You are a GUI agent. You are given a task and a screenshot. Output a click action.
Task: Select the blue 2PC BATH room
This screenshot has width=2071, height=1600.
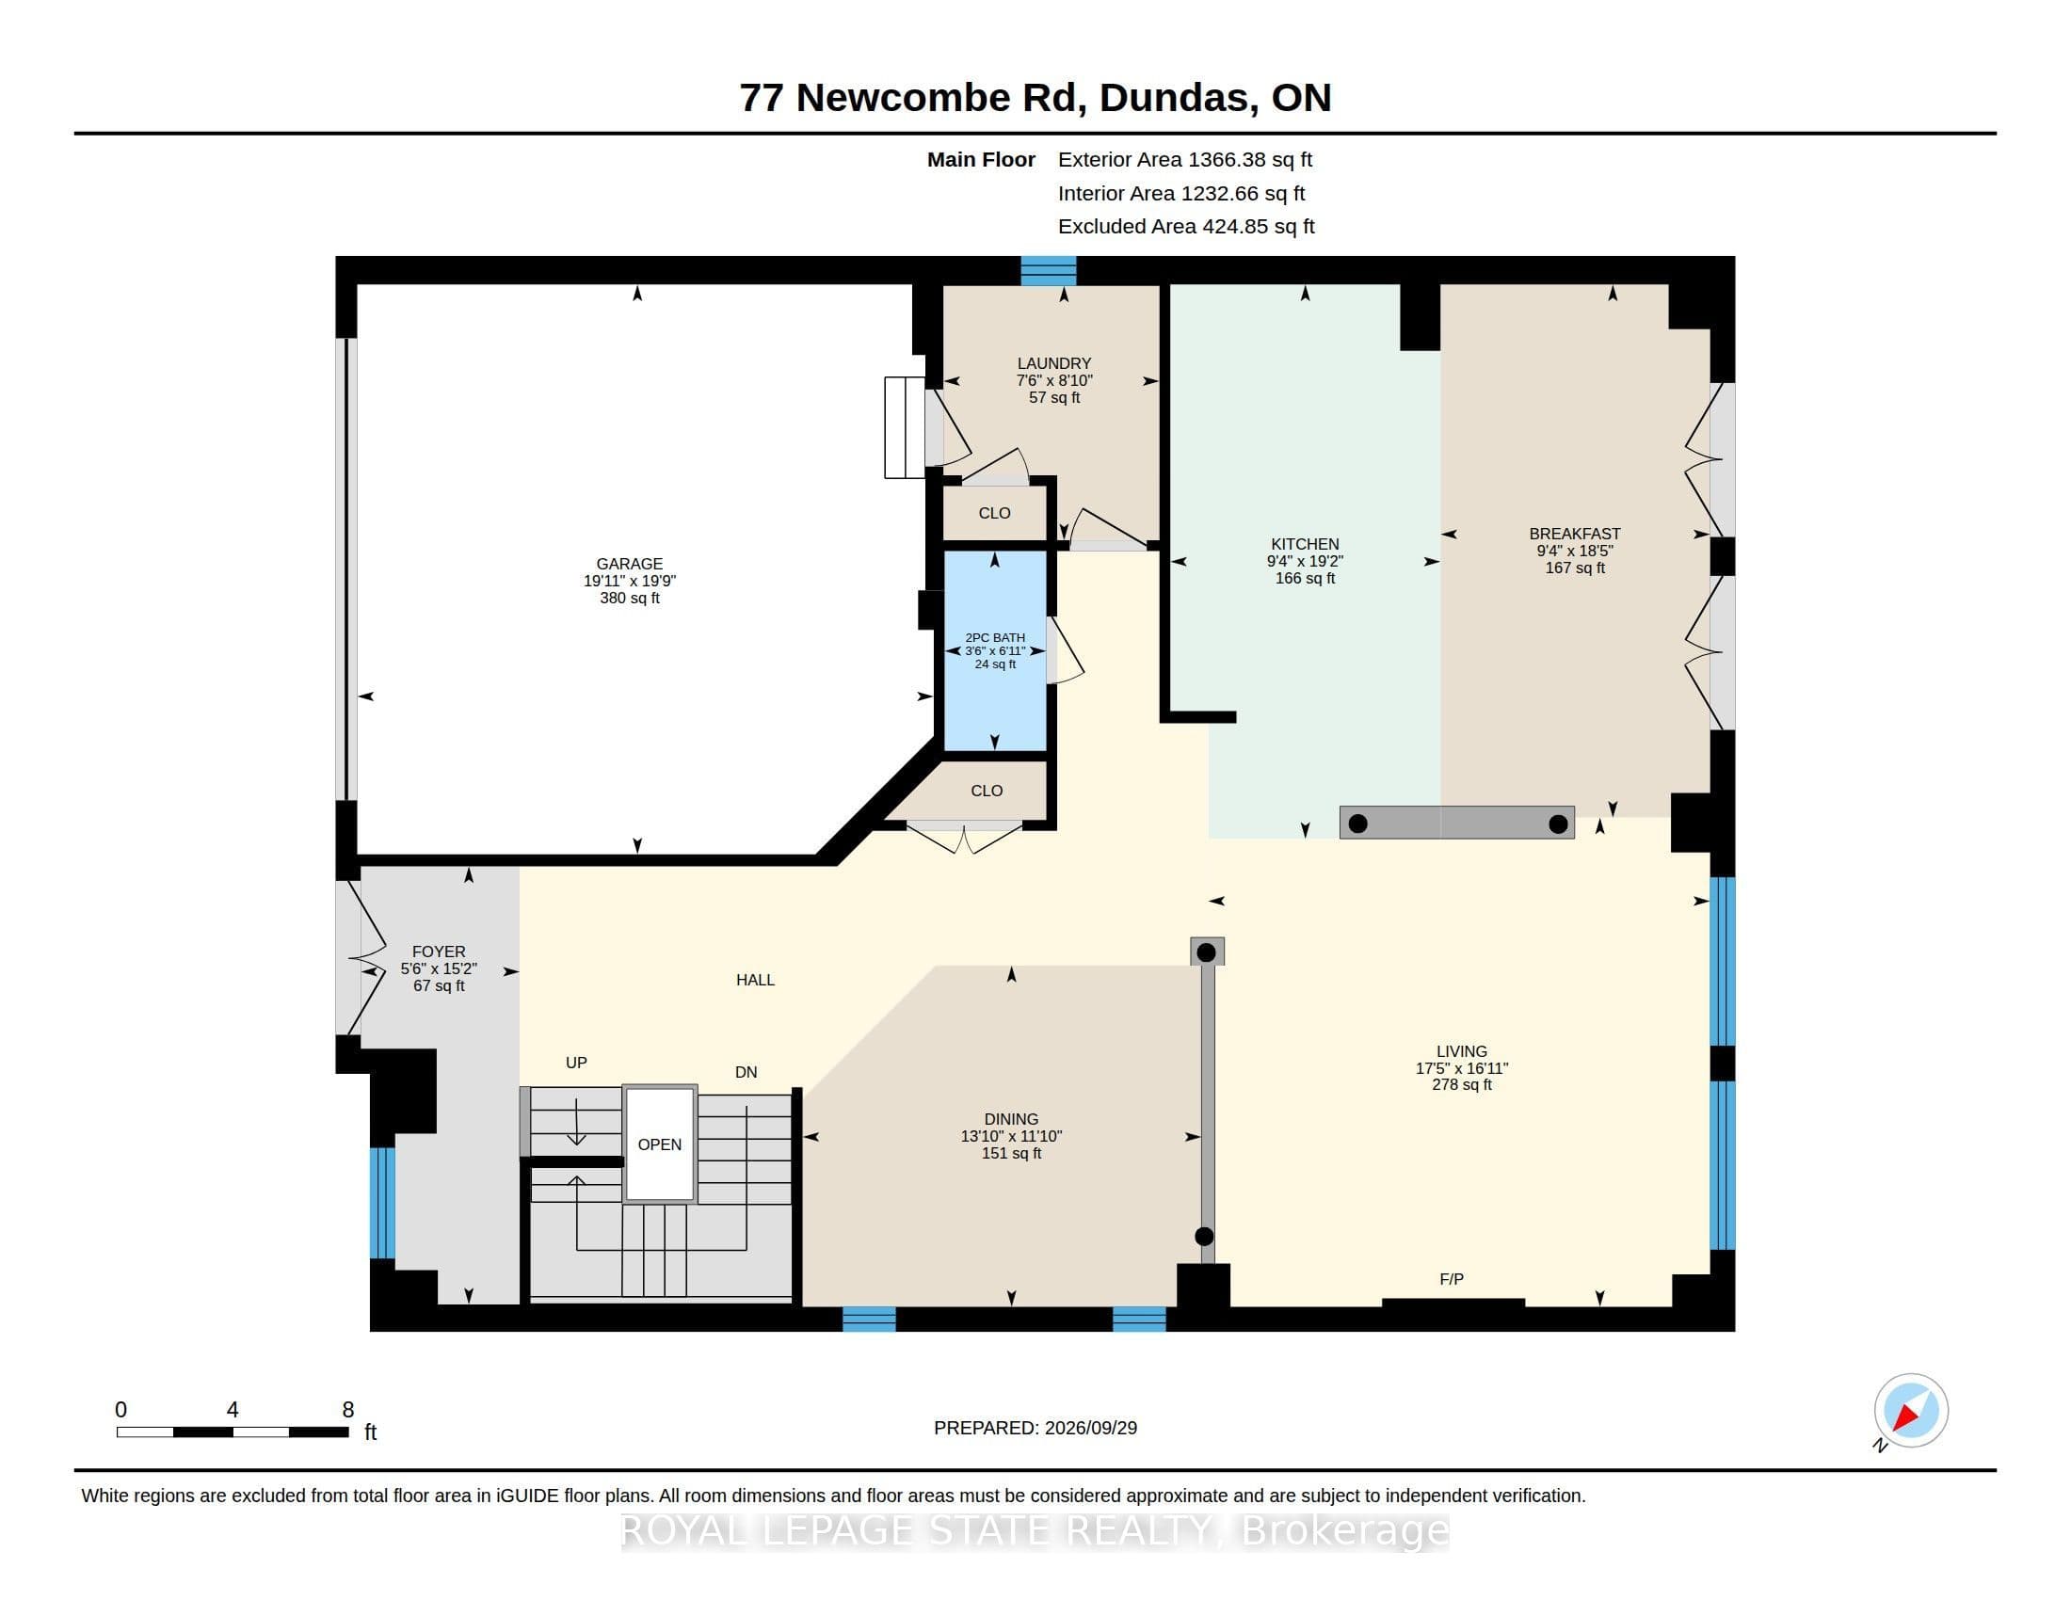point(995,651)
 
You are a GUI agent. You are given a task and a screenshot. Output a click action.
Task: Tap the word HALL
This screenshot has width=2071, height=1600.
point(756,980)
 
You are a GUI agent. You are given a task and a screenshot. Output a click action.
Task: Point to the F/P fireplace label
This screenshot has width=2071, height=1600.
point(1452,1280)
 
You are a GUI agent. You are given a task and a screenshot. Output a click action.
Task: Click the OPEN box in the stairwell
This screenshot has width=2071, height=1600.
point(660,1144)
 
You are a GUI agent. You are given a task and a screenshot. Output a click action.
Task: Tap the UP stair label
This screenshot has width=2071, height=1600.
point(576,1063)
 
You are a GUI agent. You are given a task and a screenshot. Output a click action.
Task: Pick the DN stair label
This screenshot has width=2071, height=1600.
point(747,1072)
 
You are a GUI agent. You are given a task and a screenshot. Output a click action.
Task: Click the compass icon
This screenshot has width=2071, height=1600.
point(1911,1411)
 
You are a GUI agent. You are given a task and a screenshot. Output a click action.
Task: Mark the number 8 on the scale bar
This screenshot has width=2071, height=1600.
point(348,1410)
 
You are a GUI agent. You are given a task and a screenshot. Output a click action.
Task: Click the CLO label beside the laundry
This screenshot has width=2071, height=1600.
point(994,513)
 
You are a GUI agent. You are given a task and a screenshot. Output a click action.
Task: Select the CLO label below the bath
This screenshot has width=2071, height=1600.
point(987,791)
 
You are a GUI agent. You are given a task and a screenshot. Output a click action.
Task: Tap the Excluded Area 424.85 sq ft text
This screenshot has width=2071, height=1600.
point(1186,227)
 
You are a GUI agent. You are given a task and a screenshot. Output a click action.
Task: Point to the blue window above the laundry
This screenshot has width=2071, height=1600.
point(1048,271)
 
